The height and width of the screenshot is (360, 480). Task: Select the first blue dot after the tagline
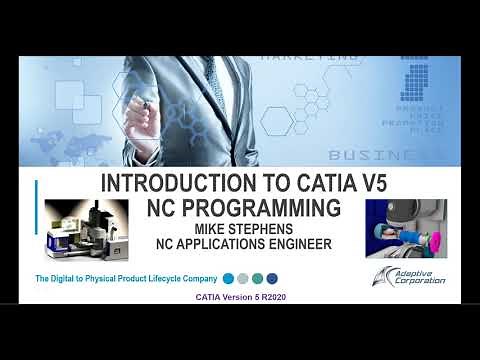point(229,278)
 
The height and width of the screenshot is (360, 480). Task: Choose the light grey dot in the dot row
point(243,278)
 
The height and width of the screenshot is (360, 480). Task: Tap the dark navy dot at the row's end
point(272,278)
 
